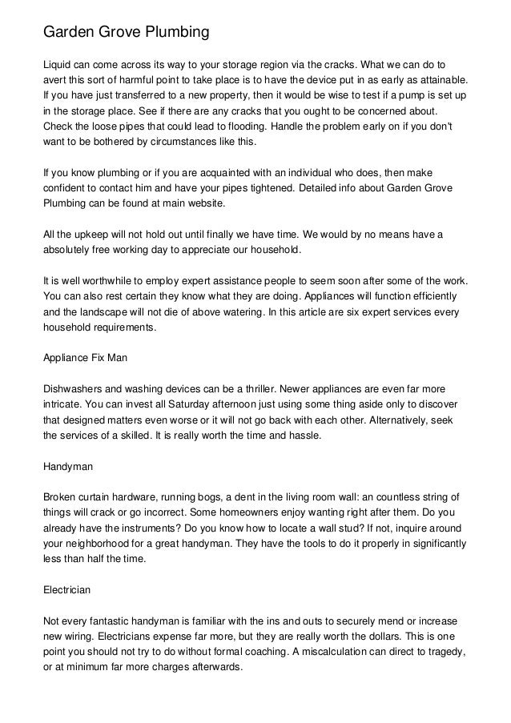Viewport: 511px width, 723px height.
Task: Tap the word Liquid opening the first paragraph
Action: [57, 63]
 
